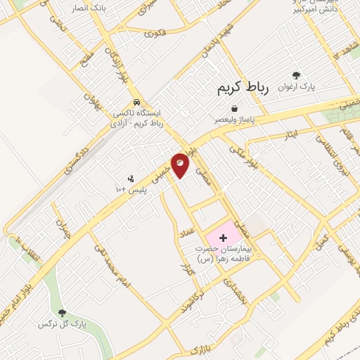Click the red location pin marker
click(x=181, y=165)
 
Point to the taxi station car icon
click(x=137, y=101)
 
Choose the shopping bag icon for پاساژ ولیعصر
click(x=234, y=108)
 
